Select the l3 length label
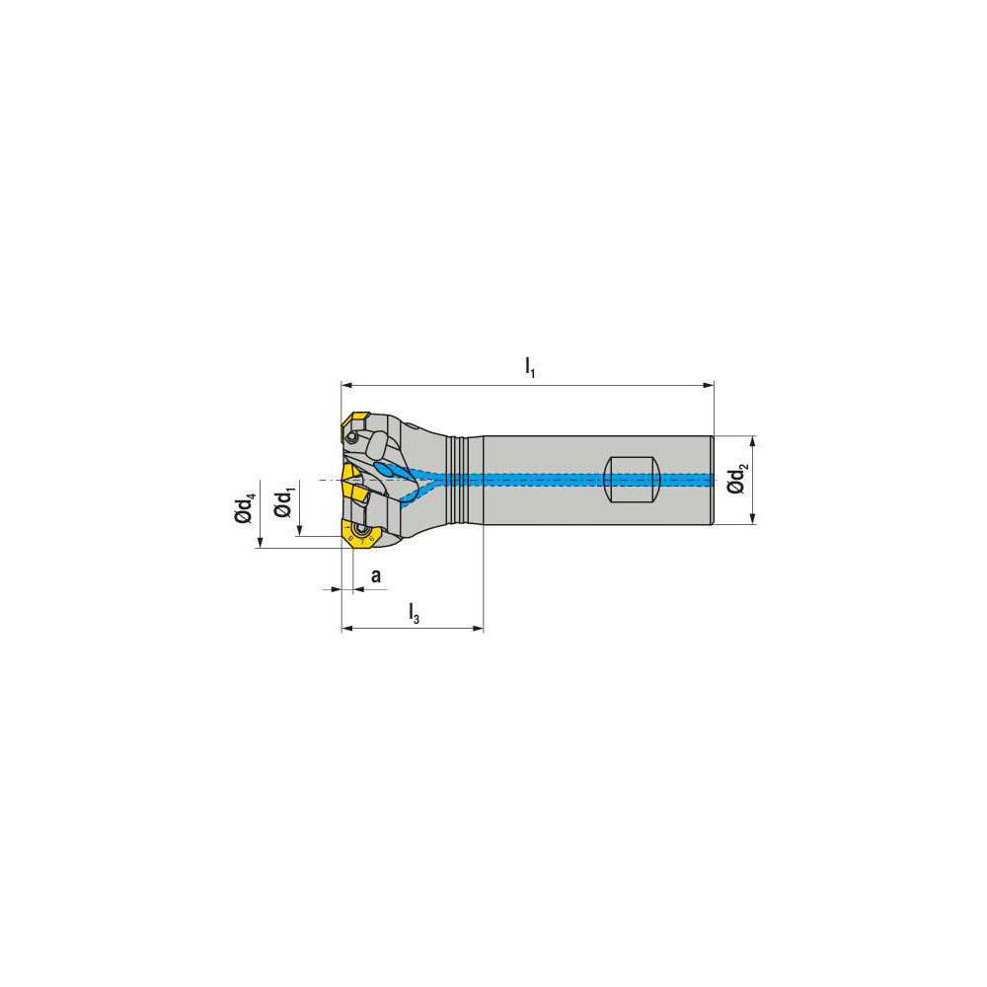point(415,614)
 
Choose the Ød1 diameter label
point(283,501)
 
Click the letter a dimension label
point(375,574)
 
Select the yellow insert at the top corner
point(354,426)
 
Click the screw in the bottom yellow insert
point(362,537)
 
